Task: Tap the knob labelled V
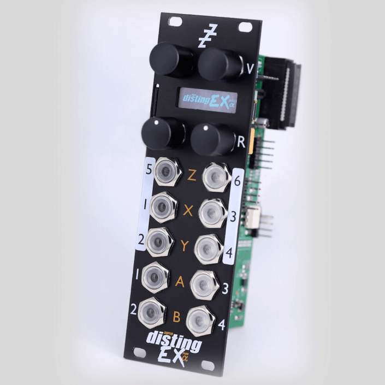[x=219, y=64]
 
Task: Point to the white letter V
[x=250, y=69]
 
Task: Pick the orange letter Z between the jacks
[x=192, y=175]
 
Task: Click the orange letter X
[x=188, y=210]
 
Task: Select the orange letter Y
[x=185, y=245]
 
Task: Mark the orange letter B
[x=176, y=317]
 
